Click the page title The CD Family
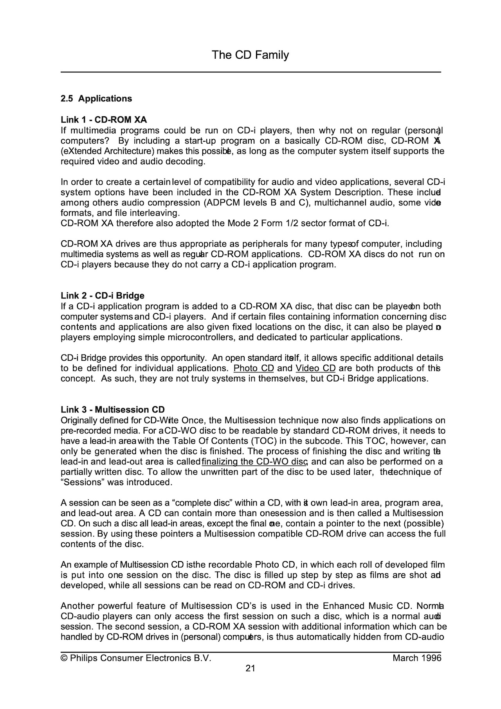[250, 55]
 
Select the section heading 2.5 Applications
[96, 99]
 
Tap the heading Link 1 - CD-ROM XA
[104, 120]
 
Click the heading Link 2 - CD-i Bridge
[103, 296]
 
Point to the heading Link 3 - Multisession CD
[113, 410]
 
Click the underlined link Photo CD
[253, 369]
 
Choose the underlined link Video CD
[315, 369]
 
